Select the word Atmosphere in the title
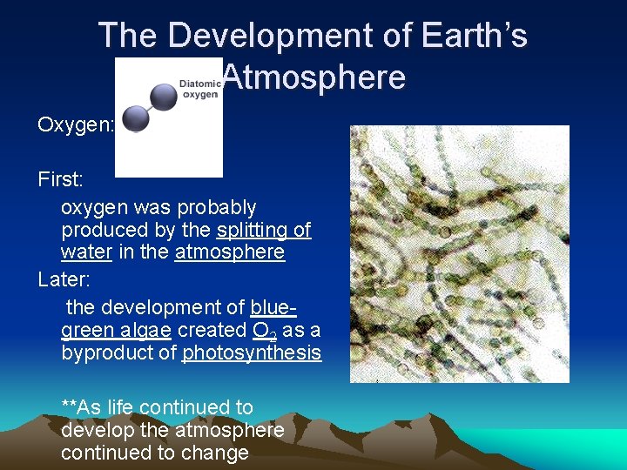coord(313,77)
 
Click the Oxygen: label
coord(76,124)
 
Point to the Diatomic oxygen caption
coord(199,89)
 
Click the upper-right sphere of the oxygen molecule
coord(163,95)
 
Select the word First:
coord(61,179)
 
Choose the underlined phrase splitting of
coord(264,230)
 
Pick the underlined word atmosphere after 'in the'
coord(230,252)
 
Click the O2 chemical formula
coord(263,331)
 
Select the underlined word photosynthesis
coord(252,353)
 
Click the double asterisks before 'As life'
coord(69,406)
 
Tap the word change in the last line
coord(219,453)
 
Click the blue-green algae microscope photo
coord(459,254)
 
